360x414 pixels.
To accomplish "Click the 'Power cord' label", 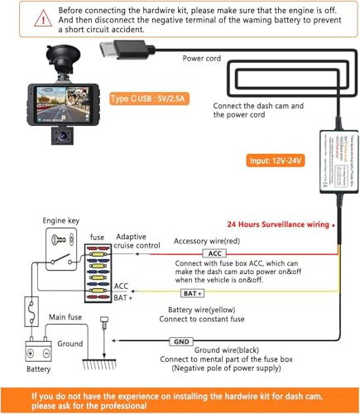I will point(202,59).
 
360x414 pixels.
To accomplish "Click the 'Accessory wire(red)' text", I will point(208,241).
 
